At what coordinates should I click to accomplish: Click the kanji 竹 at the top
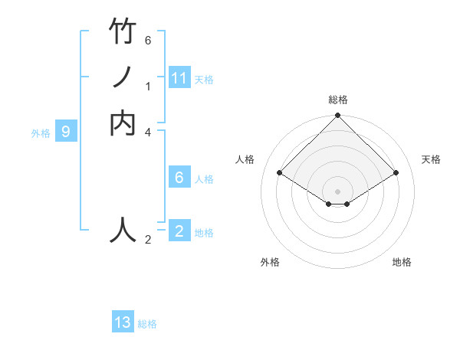[x=123, y=32]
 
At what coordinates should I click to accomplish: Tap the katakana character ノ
[x=123, y=78]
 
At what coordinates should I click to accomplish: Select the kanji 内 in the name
[x=123, y=123]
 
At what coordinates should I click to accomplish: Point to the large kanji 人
[x=123, y=229]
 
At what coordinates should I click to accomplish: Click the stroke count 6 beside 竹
[x=148, y=40]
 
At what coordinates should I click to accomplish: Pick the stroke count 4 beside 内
[x=148, y=132]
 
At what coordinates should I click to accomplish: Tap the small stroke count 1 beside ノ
[x=148, y=87]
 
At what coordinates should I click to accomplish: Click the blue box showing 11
[x=179, y=78]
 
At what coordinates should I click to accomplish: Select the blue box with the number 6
[x=179, y=178]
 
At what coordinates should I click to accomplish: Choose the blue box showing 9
[x=66, y=132]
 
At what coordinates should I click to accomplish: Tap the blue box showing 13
[x=123, y=322]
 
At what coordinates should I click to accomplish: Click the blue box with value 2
[x=179, y=231]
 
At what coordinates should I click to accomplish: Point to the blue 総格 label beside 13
[x=147, y=324]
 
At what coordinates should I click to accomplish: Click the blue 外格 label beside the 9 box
[x=41, y=133]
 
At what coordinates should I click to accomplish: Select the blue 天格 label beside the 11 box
[x=204, y=80]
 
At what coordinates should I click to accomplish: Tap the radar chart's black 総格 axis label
[x=337, y=100]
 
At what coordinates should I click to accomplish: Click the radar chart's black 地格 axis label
[x=402, y=262]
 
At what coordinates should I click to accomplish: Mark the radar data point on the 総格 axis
[x=337, y=116]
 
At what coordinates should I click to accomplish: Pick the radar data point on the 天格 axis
[x=396, y=173]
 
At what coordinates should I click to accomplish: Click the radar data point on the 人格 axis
[x=280, y=173]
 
